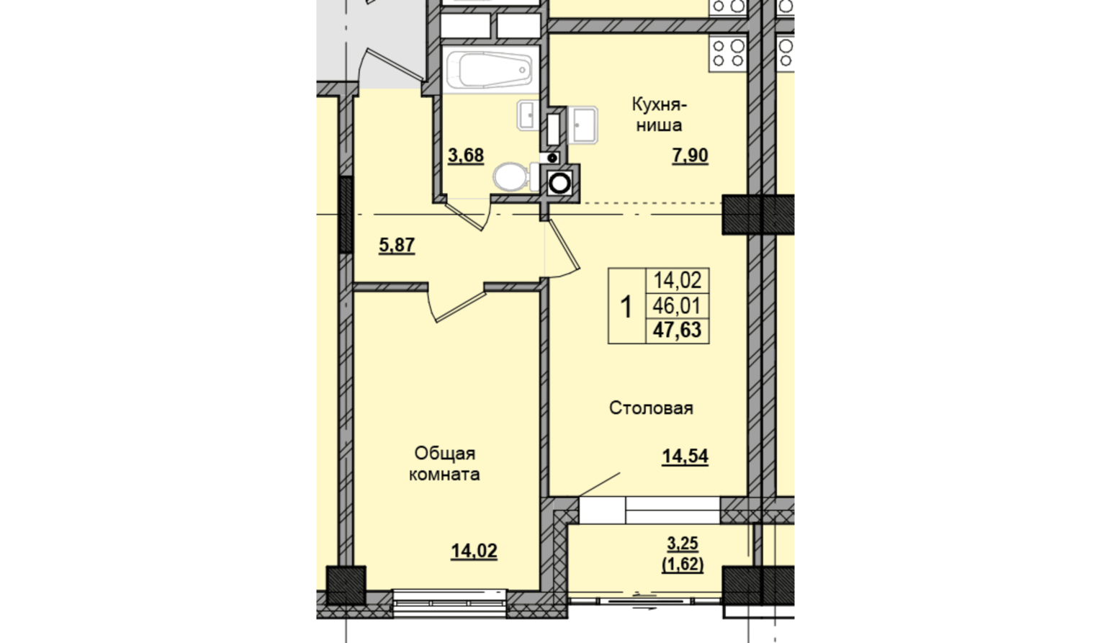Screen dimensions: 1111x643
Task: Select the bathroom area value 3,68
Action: (466, 156)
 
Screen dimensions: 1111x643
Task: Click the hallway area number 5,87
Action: (397, 245)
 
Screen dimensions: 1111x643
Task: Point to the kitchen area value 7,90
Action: (690, 156)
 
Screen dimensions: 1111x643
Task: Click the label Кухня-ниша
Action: (659, 115)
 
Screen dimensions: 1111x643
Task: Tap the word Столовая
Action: (651, 408)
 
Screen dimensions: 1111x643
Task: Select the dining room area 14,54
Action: (685, 457)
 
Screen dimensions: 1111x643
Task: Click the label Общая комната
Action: (444, 464)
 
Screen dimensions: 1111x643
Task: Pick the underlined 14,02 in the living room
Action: (474, 552)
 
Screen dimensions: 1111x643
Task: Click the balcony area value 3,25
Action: (683, 544)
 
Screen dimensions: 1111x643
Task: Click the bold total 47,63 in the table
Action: (677, 330)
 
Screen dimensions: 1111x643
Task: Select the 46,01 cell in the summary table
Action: (677, 306)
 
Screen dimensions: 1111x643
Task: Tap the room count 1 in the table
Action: (626, 307)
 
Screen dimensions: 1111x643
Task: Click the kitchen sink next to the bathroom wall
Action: (583, 125)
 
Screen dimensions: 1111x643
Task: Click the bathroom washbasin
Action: (528, 115)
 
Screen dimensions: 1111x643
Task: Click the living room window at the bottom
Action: (450, 603)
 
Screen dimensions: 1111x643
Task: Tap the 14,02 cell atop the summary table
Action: (677, 281)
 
